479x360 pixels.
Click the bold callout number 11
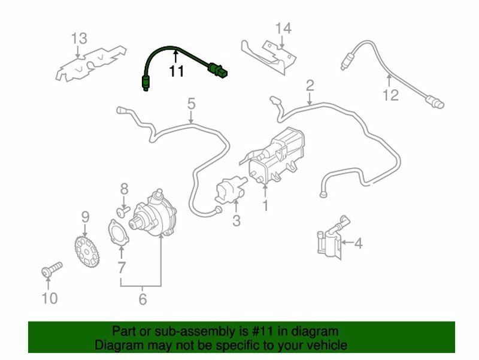[177, 71]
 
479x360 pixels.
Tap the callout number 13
[79, 38]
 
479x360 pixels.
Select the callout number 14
[283, 28]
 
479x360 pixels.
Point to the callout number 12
[391, 95]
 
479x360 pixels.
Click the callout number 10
[50, 298]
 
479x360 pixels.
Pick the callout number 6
[143, 299]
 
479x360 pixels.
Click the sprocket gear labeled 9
[87, 252]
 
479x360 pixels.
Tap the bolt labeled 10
[51, 269]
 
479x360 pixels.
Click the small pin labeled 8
[123, 211]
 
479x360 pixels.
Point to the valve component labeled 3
[231, 189]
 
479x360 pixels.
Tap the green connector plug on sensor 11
[218, 69]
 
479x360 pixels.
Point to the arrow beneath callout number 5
[191, 117]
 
